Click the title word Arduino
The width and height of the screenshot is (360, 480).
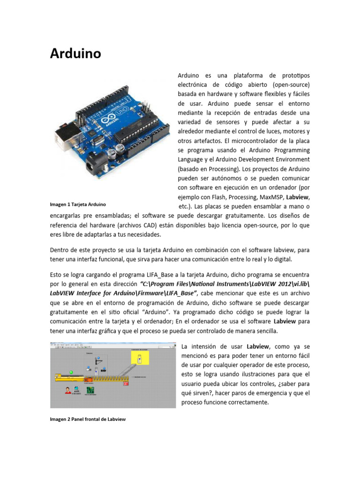tap(75, 53)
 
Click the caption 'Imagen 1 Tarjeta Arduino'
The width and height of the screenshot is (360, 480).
tap(78, 204)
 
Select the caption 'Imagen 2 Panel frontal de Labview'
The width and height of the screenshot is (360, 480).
tap(88, 420)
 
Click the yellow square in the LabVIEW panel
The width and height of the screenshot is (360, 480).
tap(139, 359)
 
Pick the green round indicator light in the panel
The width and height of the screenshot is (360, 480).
tap(71, 372)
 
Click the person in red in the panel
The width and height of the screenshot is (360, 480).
tap(68, 390)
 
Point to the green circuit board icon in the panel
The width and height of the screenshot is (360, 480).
tap(90, 390)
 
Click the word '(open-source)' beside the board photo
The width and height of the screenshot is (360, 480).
tap(286, 85)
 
